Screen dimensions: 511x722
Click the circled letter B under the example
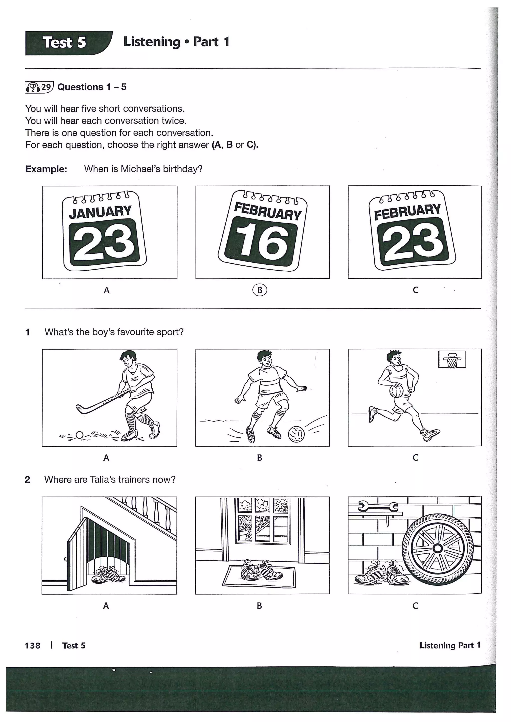pos(259,290)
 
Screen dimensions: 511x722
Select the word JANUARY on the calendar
pos(100,212)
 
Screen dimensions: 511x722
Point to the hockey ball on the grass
pos(80,435)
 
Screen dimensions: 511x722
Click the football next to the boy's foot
pos(296,434)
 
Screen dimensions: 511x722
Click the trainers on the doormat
pos(261,570)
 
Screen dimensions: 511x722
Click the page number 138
pos(33,645)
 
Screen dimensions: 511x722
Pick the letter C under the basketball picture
pos(415,457)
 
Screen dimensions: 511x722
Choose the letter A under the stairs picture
pos(106,605)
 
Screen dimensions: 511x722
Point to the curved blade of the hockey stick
pos(81,409)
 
